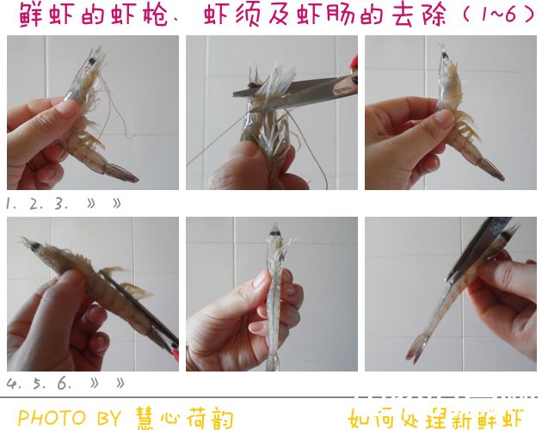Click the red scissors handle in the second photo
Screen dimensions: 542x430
(x=354, y=62)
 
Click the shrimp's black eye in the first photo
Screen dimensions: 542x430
(x=92, y=61)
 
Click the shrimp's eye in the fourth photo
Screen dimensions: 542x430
(x=34, y=247)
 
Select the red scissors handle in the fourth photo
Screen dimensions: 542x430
(x=176, y=353)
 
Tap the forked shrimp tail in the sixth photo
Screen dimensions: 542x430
(x=418, y=348)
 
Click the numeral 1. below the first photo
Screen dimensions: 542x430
(x=11, y=204)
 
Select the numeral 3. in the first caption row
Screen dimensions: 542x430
(x=61, y=204)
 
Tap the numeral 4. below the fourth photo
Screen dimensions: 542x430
(x=14, y=384)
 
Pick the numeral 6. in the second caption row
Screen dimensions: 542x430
(x=65, y=383)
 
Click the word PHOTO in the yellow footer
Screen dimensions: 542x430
(x=52, y=418)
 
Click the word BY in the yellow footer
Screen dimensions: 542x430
(x=109, y=418)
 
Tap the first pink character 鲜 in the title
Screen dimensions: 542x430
(x=30, y=15)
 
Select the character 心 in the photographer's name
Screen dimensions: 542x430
(x=169, y=418)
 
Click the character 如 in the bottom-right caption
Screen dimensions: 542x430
(x=360, y=419)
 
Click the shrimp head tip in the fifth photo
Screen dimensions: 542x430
(x=275, y=225)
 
